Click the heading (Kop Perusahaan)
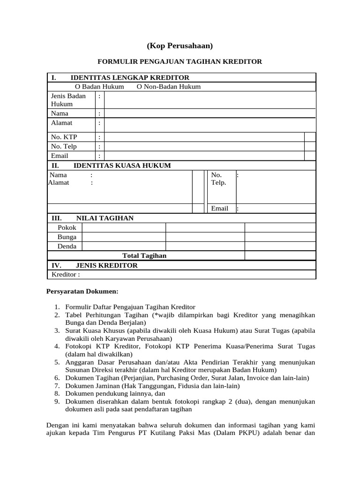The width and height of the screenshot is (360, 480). click(180, 45)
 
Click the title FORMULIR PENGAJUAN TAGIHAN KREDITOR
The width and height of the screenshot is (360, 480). click(180, 61)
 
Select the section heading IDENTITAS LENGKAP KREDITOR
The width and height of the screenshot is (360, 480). click(130, 78)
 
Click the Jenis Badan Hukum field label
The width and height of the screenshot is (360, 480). click(68, 100)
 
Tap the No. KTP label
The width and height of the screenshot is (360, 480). click(64, 137)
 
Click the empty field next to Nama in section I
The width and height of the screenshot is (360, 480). click(210, 113)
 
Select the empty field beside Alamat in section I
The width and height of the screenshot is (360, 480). click(210, 124)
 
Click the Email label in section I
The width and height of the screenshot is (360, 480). click(60, 156)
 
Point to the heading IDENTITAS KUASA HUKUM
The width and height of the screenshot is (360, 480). click(122, 165)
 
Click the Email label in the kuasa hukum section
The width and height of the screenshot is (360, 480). click(219, 208)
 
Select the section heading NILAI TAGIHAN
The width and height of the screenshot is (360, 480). click(105, 218)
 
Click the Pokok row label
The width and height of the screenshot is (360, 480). click(67, 227)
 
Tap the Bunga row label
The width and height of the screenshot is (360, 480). click(67, 237)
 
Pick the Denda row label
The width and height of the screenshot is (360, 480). click(67, 246)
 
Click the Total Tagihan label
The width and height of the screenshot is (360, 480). click(144, 255)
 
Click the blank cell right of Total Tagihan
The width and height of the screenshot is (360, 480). click(280, 255)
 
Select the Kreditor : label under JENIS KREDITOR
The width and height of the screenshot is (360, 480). click(66, 274)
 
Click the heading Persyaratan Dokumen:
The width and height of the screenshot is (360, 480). click(79, 291)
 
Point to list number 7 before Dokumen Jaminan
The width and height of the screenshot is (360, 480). click(56, 386)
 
